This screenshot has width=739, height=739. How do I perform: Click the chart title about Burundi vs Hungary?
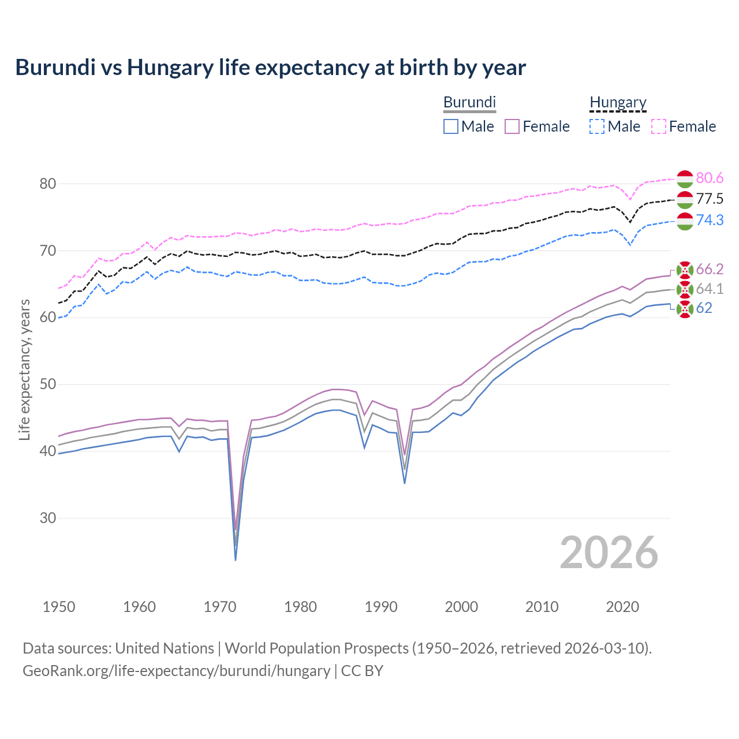tap(270, 68)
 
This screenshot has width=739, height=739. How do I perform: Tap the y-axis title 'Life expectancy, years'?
tap(24, 369)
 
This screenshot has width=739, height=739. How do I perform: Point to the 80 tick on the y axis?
tap(47, 184)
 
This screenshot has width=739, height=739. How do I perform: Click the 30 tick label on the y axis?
tap(47, 518)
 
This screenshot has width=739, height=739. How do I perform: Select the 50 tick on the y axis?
tap(47, 385)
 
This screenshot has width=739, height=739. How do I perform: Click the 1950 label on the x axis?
tap(59, 607)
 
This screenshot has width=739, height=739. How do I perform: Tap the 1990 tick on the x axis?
tap(381, 607)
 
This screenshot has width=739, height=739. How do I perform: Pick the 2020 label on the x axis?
tap(622, 607)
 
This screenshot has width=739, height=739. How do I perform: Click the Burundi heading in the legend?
tap(469, 102)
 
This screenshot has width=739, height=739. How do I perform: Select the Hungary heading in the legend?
tap(618, 102)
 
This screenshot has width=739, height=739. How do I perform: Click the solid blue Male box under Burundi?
tap(451, 126)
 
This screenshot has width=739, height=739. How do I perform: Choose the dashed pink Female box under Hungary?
tap(659, 126)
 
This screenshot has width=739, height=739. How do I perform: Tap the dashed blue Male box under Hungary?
tap(597, 126)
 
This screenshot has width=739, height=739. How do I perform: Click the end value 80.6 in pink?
tap(710, 178)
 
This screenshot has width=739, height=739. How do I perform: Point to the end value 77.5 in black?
tap(710, 199)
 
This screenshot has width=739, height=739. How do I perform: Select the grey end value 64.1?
tap(710, 289)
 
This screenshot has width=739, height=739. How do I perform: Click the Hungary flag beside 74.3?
tap(685, 221)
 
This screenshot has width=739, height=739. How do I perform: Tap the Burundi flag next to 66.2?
tap(685, 270)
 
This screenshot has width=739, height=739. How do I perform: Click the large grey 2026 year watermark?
tap(609, 553)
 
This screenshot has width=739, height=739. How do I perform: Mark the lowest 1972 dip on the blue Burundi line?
tap(236, 559)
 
